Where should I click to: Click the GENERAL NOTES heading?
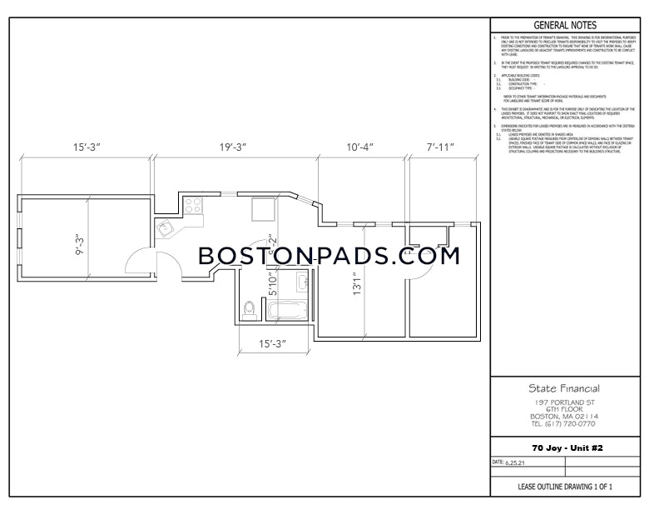[564, 26]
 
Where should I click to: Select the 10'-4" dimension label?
[360, 147]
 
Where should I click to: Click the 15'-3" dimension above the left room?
[87, 147]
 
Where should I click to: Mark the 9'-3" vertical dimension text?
[82, 247]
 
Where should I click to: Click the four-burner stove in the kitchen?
[193, 204]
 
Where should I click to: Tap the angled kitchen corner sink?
[162, 227]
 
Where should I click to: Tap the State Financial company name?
[564, 387]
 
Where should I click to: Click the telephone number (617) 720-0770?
[564, 422]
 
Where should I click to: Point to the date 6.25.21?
[515, 462]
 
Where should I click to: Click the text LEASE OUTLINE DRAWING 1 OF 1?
[564, 486]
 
